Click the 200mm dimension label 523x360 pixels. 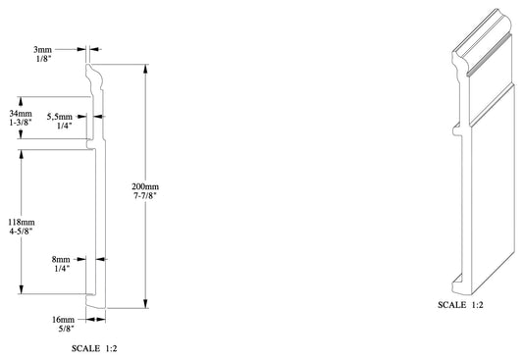pos(145,186)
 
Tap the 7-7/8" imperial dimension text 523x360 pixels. pos(145,195)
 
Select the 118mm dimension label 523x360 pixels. pos(22,222)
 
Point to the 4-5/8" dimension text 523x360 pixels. pos(22,231)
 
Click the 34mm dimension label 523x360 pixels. pos(21,114)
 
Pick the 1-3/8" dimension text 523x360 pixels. pos(21,122)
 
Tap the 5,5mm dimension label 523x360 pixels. pos(60,117)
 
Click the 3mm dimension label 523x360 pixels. pos(43,50)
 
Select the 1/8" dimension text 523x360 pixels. pos(44,59)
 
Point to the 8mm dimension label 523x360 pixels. pos(61,259)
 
